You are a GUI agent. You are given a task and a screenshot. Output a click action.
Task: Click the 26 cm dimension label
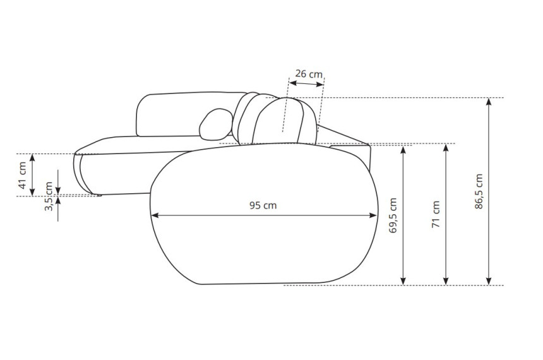(309, 74)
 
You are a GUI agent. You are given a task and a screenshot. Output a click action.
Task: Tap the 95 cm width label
(263, 205)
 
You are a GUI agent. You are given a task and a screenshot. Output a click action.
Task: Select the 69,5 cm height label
(393, 215)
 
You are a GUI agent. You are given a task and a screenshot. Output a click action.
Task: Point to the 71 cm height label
(436, 215)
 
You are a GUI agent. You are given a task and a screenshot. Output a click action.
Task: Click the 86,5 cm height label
(479, 191)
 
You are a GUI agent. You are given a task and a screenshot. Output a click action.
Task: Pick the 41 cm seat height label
(22, 176)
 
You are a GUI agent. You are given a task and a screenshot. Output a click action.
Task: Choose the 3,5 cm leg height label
(49, 196)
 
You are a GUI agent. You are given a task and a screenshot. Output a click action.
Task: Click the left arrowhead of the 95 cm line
(155, 215)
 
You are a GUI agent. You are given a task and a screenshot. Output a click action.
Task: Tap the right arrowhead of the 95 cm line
(373, 215)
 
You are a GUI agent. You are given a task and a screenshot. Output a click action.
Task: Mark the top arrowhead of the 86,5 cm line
(489, 102)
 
